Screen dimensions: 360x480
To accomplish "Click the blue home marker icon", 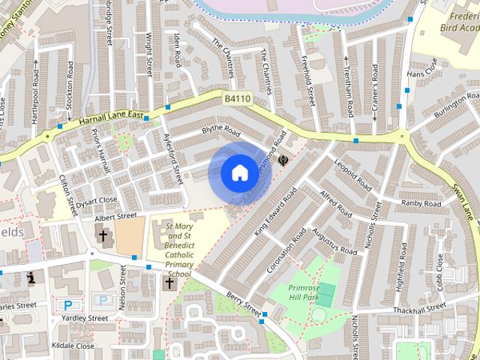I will pyautogui.click(x=238, y=172).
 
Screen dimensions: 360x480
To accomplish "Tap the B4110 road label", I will pyautogui.click(x=237, y=98).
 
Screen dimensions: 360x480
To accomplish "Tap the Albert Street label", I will pyautogui.click(x=116, y=217).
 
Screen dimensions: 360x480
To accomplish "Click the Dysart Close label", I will pyautogui.click(x=98, y=200).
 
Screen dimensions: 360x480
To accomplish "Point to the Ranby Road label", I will pyautogui.click(x=421, y=203).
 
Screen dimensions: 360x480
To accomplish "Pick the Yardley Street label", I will pyautogui.click(x=86, y=318).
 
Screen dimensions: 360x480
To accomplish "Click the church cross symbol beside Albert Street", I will pyautogui.click(x=103, y=236).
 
